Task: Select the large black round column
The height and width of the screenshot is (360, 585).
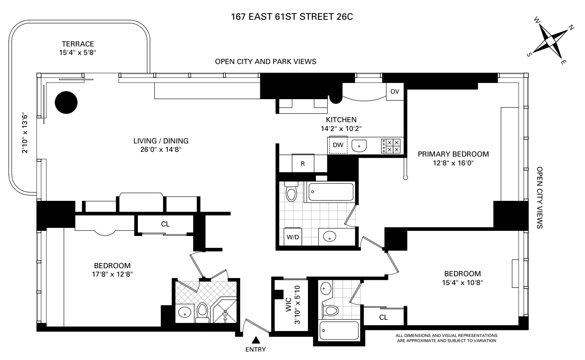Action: pos(66,102)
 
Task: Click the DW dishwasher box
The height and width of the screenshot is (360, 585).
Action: pos(338,145)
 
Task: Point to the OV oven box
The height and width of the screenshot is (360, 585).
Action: pos(395,91)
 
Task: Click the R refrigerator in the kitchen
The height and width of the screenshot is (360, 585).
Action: pos(303,164)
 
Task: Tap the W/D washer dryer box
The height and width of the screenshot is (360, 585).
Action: pos(292,237)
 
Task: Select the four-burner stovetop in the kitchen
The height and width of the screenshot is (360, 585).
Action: pos(391,146)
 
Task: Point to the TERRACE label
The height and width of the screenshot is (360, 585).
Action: pos(78,44)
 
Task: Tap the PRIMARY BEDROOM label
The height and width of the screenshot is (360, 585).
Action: pos(453,154)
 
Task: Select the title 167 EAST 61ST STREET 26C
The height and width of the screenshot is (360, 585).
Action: pos(292,17)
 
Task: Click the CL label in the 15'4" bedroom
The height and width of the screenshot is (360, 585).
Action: pos(383,317)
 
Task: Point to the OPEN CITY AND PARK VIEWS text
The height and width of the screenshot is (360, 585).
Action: pos(265,61)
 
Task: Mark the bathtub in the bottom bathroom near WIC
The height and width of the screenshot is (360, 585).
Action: pos(339,331)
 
